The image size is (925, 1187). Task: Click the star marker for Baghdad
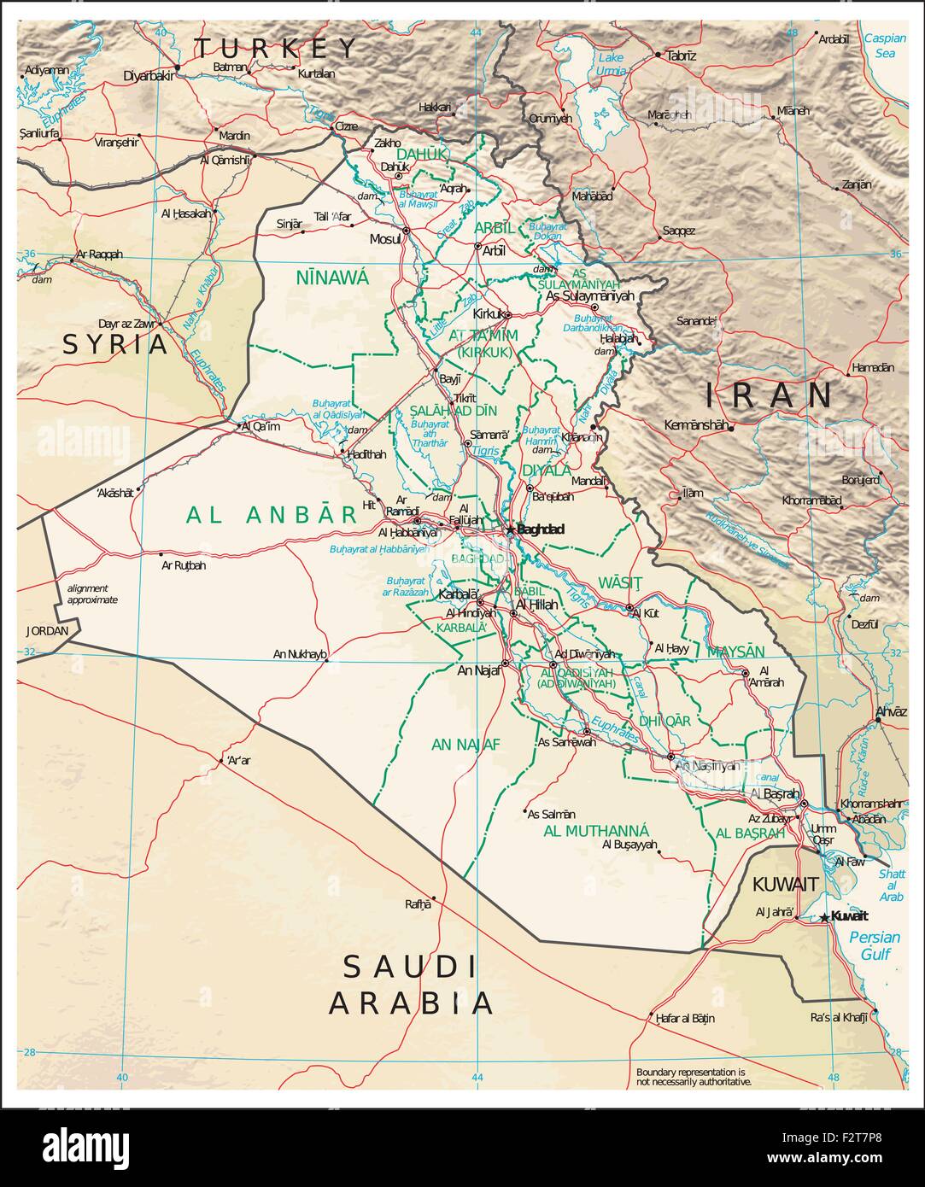[x=510, y=529]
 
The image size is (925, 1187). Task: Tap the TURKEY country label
[x=275, y=48]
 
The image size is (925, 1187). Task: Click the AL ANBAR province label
[x=271, y=514]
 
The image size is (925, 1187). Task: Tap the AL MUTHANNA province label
[x=596, y=831]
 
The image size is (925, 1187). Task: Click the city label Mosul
[x=384, y=239]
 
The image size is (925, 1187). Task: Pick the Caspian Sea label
[x=883, y=45]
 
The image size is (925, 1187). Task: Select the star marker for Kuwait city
[x=824, y=917]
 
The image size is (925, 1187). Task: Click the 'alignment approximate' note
[x=92, y=593]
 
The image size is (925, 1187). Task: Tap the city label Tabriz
[x=682, y=56]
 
